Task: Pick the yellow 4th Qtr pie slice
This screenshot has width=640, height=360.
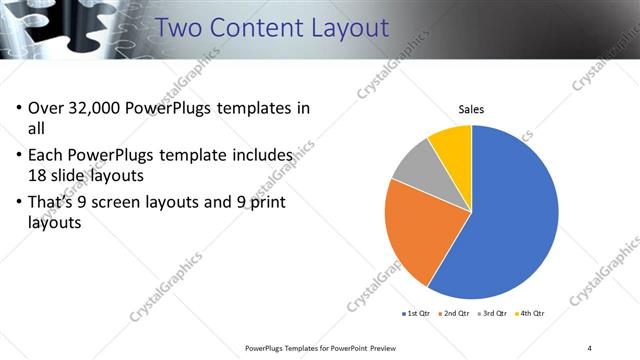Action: (453, 142)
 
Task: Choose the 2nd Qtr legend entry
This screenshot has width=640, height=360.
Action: (454, 314)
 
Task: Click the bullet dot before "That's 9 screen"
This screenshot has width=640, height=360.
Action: (18, 205)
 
